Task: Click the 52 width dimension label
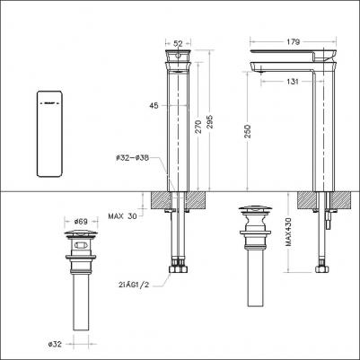[178, 42]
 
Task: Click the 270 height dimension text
[199, 128]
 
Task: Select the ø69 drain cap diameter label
[80, 220]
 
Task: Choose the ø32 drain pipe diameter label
[54, 343]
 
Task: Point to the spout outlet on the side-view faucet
[260, 73]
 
